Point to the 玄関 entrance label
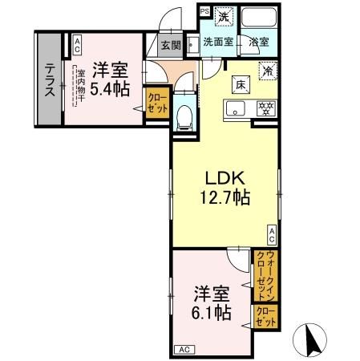click(x=169, y=45)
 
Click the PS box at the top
click(x=204, y=11)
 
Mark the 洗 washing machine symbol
click(x=225, y=15)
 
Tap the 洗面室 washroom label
click(x=217, y=42)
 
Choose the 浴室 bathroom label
click(x=258, y=42)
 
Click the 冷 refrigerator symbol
click(x=265, y=70)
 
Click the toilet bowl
click(x=183, y=116)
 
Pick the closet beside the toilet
click(x=156, y=104)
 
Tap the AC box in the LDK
click(x=272, y=233)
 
